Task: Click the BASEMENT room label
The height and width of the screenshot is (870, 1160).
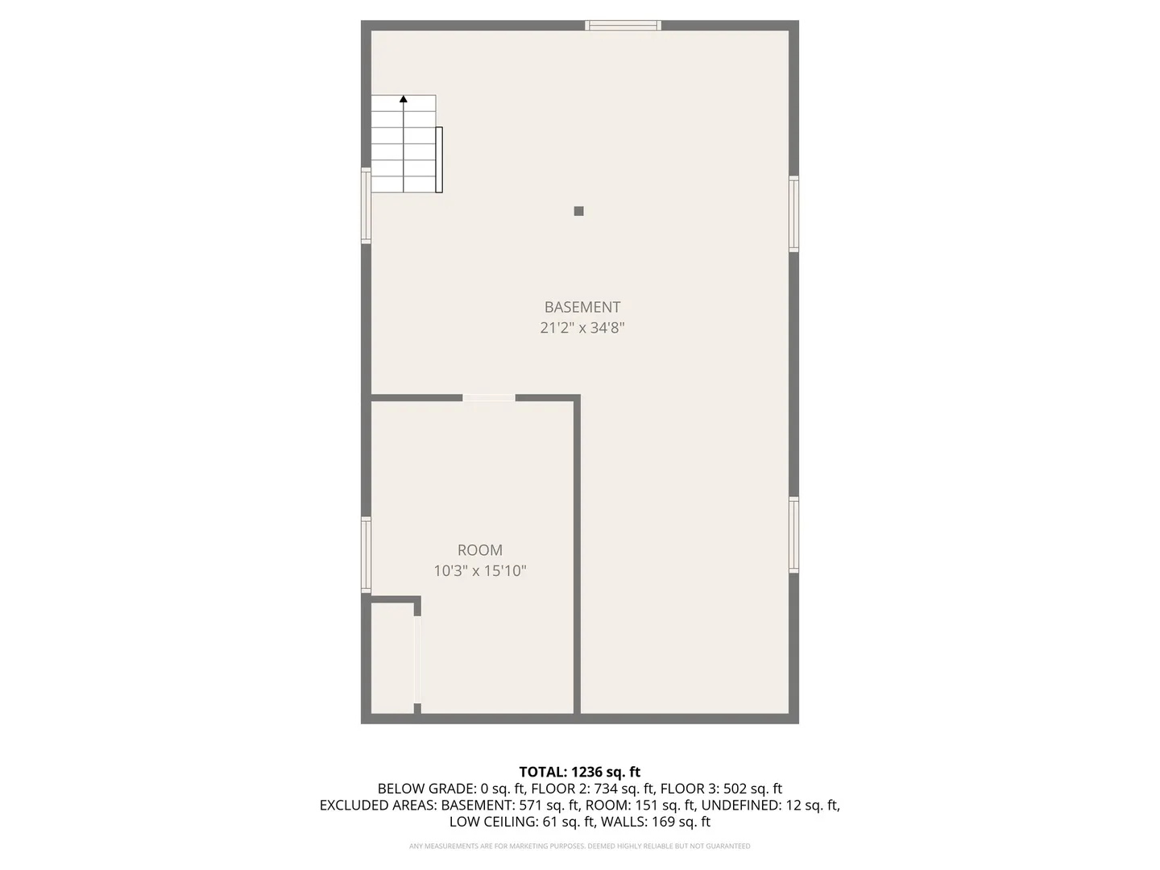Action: point(582,307)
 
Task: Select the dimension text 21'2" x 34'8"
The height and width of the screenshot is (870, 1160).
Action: point(582,328)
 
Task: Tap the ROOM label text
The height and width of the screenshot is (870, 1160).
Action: point(480,550)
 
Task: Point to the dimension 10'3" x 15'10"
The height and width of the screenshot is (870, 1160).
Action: point(480,571)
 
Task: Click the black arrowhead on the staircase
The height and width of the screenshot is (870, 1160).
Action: point(404,99)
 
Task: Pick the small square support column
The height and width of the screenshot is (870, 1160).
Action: point(578,211)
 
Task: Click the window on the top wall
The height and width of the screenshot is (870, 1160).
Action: point(623,26)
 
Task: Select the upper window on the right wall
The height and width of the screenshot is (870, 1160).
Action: point(793,213)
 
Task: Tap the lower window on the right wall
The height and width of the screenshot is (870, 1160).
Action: point(793,535)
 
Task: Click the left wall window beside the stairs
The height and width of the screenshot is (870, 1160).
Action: point(366,205)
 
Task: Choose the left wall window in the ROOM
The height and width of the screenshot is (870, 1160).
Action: point(366,555)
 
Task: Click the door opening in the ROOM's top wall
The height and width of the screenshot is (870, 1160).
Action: point(489,398)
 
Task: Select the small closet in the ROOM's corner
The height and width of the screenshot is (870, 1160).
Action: point(392,657)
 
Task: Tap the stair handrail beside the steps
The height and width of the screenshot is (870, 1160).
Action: point(439,159)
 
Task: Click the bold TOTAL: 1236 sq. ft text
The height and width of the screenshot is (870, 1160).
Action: point(579,773)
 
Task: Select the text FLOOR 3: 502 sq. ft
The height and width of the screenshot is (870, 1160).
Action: point(721,789)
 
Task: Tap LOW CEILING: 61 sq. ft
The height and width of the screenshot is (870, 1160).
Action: point(522,822)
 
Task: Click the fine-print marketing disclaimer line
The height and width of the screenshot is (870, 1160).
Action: point(579,846)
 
